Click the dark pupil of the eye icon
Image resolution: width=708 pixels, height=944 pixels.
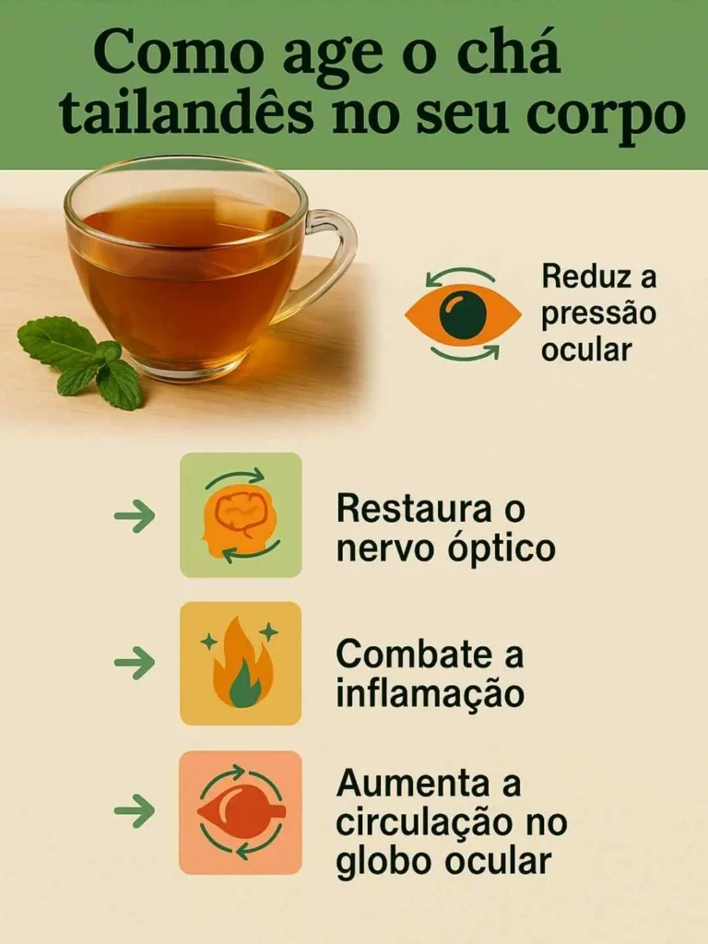(463, 314)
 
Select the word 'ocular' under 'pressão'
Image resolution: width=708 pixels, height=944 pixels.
(585, 349)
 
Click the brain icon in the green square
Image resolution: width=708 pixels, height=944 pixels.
(241, 515)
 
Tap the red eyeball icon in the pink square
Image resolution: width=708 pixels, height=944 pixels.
(242, 812)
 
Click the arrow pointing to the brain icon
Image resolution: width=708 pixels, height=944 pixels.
(135, 516)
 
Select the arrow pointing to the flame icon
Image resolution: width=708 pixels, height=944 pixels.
(135, 663)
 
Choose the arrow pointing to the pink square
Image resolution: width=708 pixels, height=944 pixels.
(135, 811)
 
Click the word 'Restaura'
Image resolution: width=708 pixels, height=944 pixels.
(414, 508)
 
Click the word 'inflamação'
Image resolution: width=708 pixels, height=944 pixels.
(430, 692)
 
